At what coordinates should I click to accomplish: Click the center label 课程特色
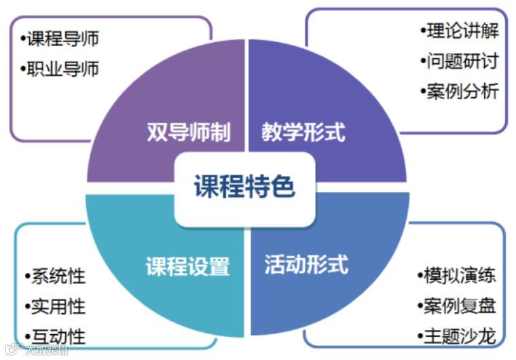click(245, 187)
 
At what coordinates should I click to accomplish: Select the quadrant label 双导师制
click(188, 132)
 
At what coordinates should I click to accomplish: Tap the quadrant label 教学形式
click(303, 132)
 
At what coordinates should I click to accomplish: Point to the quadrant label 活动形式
click(306, 264)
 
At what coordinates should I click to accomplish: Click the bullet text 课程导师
click(63, 38)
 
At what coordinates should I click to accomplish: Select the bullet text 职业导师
click(63, 69)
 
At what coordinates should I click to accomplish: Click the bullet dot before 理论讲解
click(423, 31)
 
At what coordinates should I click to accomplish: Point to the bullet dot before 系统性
click(27, 276)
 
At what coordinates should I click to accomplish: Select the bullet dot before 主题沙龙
click(420, 336)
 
